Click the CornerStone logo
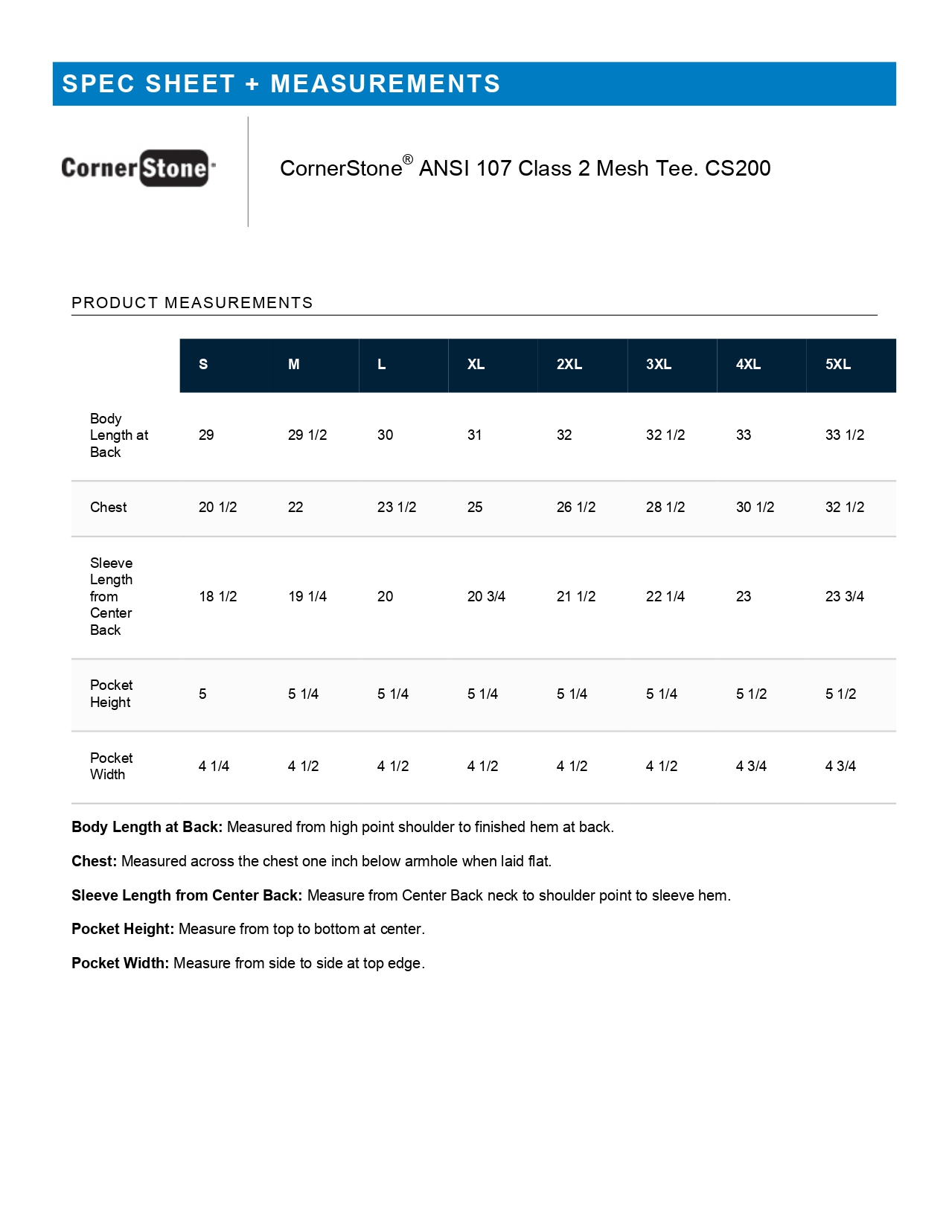[138, 168]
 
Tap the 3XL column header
[659, 365]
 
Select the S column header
[203, 365]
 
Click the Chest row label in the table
[109, 508]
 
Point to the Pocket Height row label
[111, 694]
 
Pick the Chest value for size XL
[475, 508]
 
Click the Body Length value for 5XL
[845, 435]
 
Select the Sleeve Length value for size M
[307, 597]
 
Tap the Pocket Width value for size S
[214, 767]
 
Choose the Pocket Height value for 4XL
[751, 694]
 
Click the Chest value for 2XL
[576, 508]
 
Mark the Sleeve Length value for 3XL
[665, 597]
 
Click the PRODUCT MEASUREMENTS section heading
[192, 303]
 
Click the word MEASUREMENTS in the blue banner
[385, 84]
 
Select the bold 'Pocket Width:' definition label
[121, 964]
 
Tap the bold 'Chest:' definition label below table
[95, 862]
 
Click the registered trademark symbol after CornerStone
[408, 159]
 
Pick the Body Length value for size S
[206, 435]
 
